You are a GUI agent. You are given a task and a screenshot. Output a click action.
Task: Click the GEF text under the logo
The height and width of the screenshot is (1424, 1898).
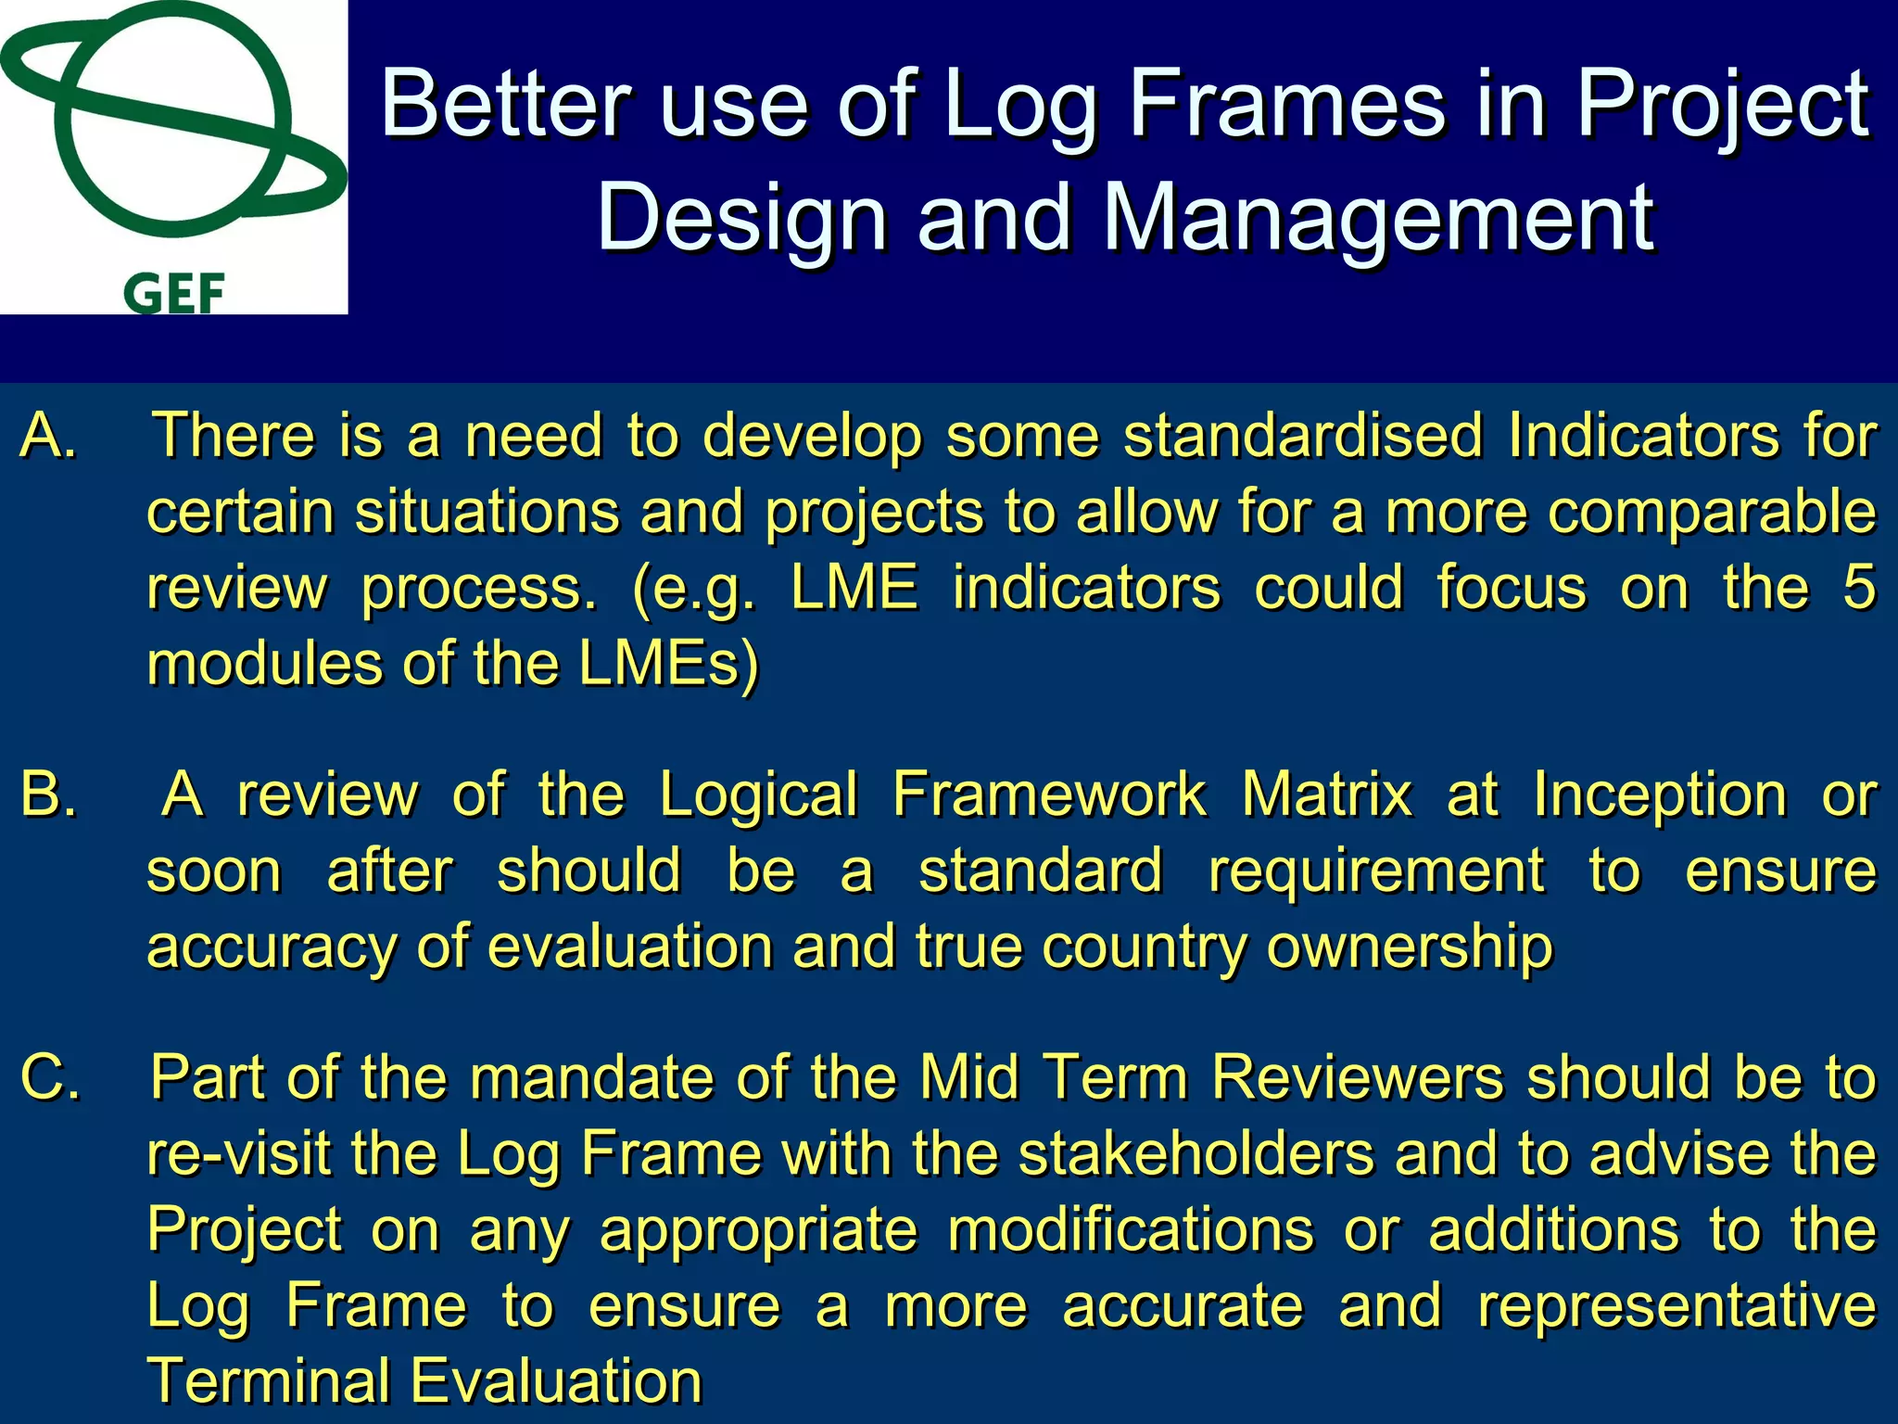pyautogui.click(x=174, y=295)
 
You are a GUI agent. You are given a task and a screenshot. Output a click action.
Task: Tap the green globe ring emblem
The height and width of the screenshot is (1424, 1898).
pyautogui.click(x=171, y=121)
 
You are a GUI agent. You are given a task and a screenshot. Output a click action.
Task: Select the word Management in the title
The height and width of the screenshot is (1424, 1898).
pyautogui.click(x=1378, y=218)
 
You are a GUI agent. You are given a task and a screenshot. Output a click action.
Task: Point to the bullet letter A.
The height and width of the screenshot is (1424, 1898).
pyautogui.click(x=48, y=435)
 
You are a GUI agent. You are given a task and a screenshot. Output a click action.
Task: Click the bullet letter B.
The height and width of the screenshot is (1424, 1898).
pyautogui.click(x=48, y=795)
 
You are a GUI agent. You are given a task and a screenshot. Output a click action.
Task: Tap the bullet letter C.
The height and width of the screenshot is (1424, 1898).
pyautogui.click(x=50, y=1077)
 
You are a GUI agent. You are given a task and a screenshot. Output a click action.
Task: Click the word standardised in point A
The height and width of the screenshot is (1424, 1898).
pyautogui.click(x=1303, y=435)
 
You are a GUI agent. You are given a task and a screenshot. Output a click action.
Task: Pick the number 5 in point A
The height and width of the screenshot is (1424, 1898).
pyautogui.click(x=1858, y=588)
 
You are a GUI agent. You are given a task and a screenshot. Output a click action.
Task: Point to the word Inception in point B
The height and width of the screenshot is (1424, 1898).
pyautogui.click(x=1659, y=795)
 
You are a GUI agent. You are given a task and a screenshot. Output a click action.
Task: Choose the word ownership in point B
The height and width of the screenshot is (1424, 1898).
pyautogui.click(x=1409, y=947)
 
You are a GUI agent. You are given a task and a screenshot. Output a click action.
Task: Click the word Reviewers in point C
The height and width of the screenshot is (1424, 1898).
pyautogui.click(x=1358, y=1077)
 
